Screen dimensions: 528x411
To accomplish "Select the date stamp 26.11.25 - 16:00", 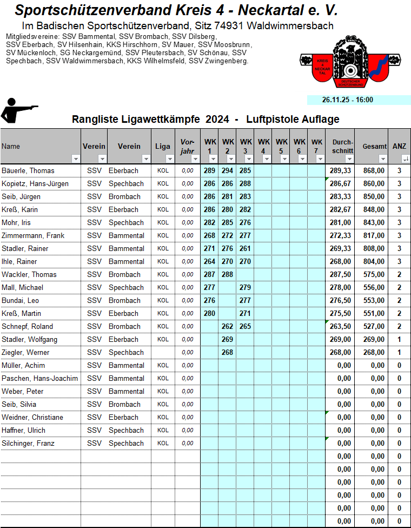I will (x=347, y=100).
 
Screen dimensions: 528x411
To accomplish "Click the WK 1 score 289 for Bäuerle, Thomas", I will (x=209, y=170).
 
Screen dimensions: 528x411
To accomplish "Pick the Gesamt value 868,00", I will (x=374, y=170).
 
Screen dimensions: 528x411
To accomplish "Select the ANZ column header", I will (x=399, y=146).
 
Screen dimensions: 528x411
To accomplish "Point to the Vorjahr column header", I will (x=187, y=146).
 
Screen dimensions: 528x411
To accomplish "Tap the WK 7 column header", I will (x=317, y=146).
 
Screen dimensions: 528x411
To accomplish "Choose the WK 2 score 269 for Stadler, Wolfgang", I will (x=228, y=339).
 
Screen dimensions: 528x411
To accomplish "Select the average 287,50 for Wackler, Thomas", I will (x=340, y=274).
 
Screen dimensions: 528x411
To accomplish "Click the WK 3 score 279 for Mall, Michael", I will (x=246, y=287).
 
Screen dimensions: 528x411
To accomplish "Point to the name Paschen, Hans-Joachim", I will (x=39, y=378).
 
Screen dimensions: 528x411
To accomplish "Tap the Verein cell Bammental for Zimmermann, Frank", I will (x=127, y=235).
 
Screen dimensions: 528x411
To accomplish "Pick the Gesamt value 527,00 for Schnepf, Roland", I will (x=374, y=326).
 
